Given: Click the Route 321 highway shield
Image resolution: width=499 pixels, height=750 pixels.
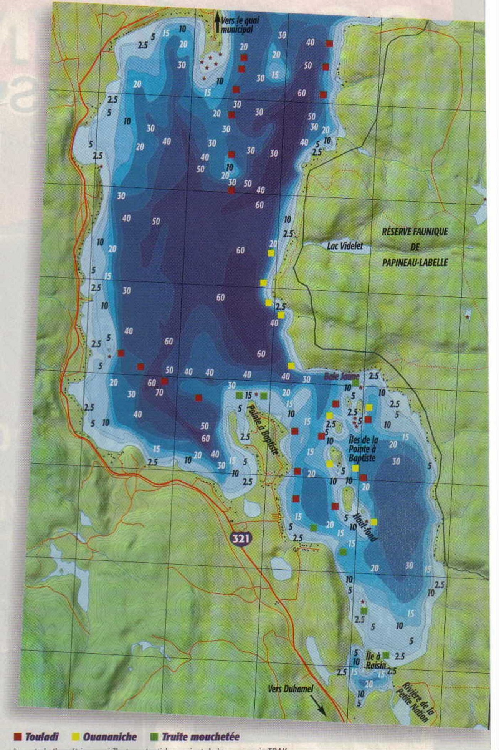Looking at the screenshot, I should tap(241, 538).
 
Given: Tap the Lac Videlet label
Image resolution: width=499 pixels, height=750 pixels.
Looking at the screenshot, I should tap(345, 246).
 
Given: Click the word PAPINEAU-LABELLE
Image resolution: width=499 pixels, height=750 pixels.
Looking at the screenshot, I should tap(415, 263).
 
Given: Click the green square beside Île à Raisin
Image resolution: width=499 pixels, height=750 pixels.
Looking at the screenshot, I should tap(386, 655).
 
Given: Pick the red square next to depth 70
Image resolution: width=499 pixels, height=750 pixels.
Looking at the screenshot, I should tap(165, 381).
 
